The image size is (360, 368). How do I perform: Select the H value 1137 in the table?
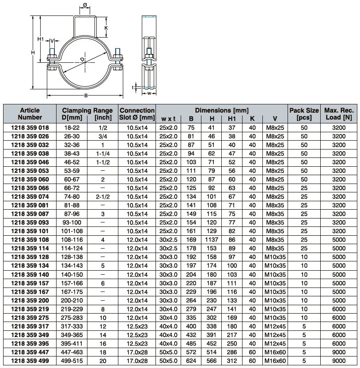pyautogui.click(x=212, y=240)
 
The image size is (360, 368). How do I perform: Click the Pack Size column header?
pyautogui.click(x=304, y=114)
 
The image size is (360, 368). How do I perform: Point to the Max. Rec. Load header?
pyautogui.click(x=341, y=114)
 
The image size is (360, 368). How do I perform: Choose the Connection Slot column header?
pyautogui.click(x=137, y=114)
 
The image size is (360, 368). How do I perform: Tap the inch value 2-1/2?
pyautogui.click(x=103, y=197)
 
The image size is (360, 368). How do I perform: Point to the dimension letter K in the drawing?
pyautogui.click(x=106, y=28)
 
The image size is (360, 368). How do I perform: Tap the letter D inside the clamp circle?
pyautogui.click(x=82, y=59)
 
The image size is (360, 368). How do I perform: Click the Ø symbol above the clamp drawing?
pyautogui.click(x=85, y=6)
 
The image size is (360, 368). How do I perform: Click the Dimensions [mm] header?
pyautogui.click(x=222, y=110)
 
